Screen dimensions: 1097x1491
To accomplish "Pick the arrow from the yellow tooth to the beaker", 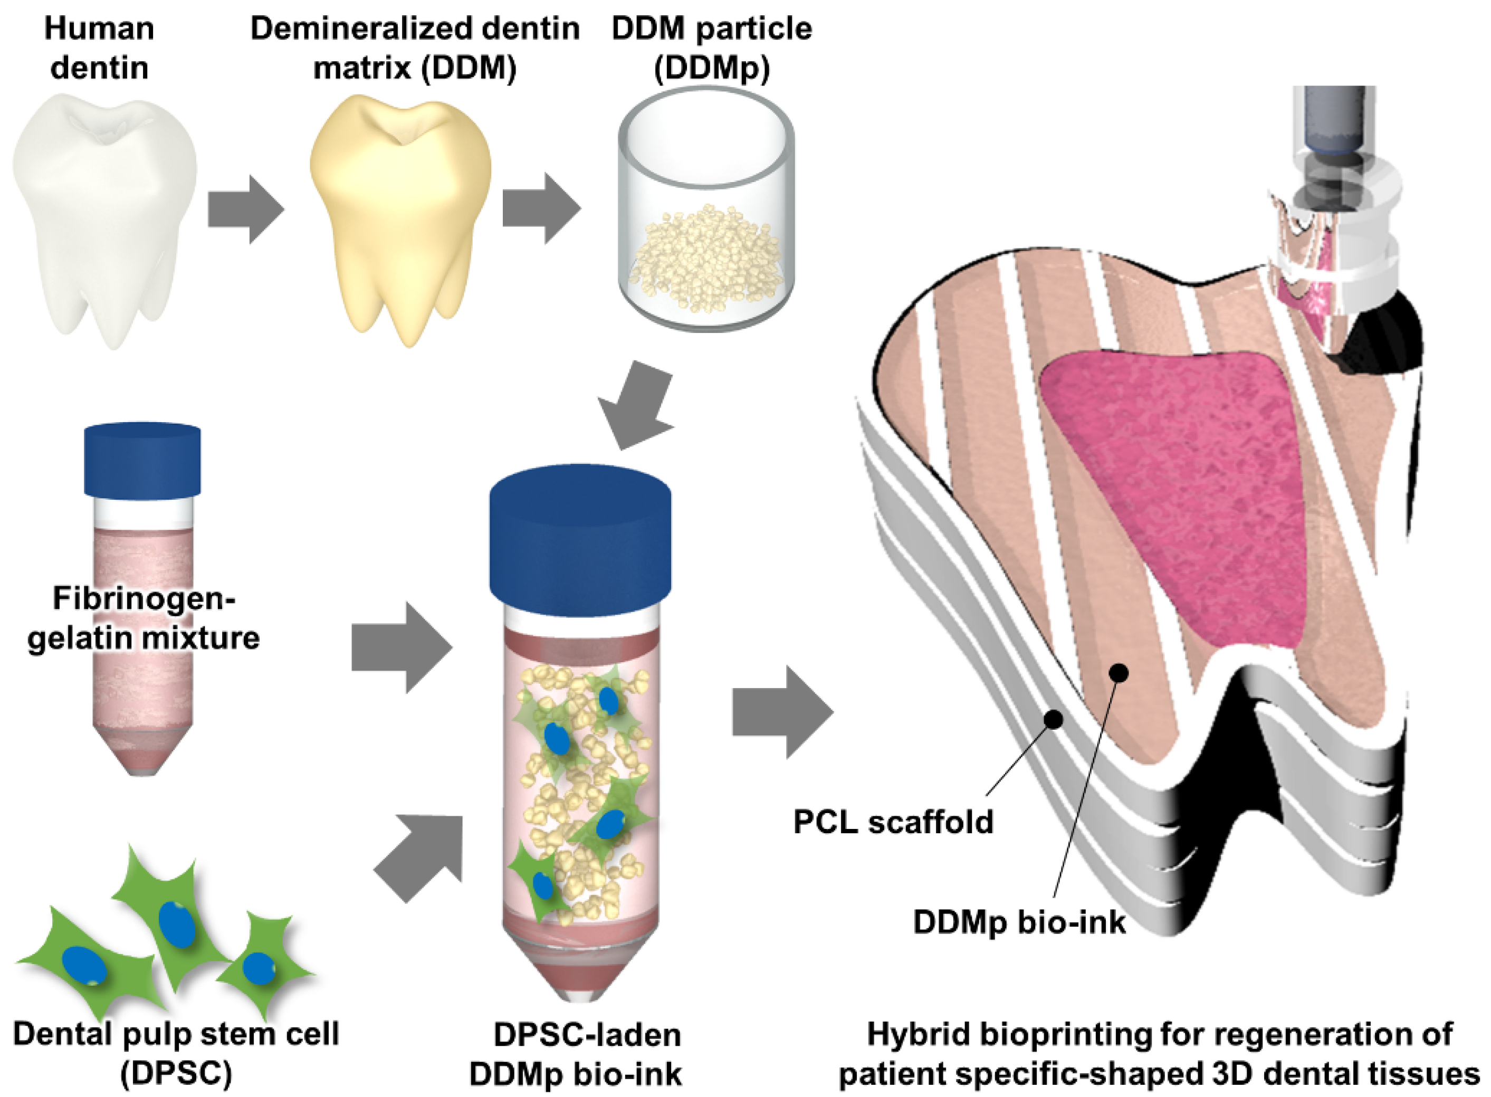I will (540, 208).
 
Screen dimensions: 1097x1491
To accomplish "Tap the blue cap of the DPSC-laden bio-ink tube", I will (579, 531).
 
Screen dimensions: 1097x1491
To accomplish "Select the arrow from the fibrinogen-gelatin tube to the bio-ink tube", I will (401, 647).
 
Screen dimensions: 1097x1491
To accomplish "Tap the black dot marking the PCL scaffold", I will (1053, 719).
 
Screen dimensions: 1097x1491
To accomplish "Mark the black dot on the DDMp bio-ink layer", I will (1119, 673).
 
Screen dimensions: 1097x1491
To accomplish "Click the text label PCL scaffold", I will (893, 822).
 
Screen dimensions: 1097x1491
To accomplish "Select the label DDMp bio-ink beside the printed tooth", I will (1019, 922).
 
